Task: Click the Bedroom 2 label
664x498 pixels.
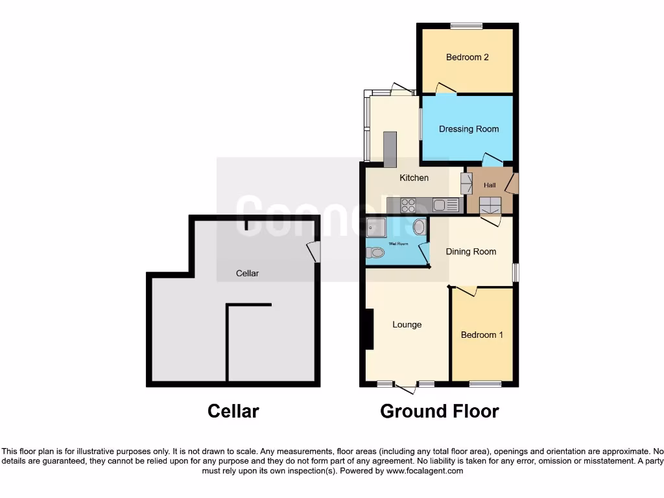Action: (x=467, y=57)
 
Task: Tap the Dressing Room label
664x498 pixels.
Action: (x=469, y=129)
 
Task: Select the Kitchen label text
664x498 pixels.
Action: (x=414, y=178)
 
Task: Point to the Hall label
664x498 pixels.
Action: (x=490, y=185)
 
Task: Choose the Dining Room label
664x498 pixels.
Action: (x=471, y=252)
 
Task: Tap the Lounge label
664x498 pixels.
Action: (x=407, y=325)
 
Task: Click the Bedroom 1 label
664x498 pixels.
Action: (x=482, y=335)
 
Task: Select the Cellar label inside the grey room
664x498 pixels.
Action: (x=247, y=274)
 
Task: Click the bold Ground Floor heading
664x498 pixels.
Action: (x=440, y=411)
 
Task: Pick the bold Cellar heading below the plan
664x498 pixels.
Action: (x=233, y=411)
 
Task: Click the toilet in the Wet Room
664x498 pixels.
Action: (x=374, y=253)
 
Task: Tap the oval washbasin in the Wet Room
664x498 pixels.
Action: (x=419, y=227)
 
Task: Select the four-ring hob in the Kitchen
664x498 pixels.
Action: (x=409, y=206)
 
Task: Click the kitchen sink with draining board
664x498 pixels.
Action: (x=446, y=206)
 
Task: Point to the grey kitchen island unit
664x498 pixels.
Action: (x=390, y=149)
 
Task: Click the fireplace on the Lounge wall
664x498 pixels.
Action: (x=369, y=329)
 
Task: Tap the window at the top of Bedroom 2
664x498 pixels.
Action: (x=467, y=26)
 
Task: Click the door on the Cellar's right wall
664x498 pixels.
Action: (x=314, y=252)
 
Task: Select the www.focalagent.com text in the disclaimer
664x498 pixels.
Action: (x=425, y=471)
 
